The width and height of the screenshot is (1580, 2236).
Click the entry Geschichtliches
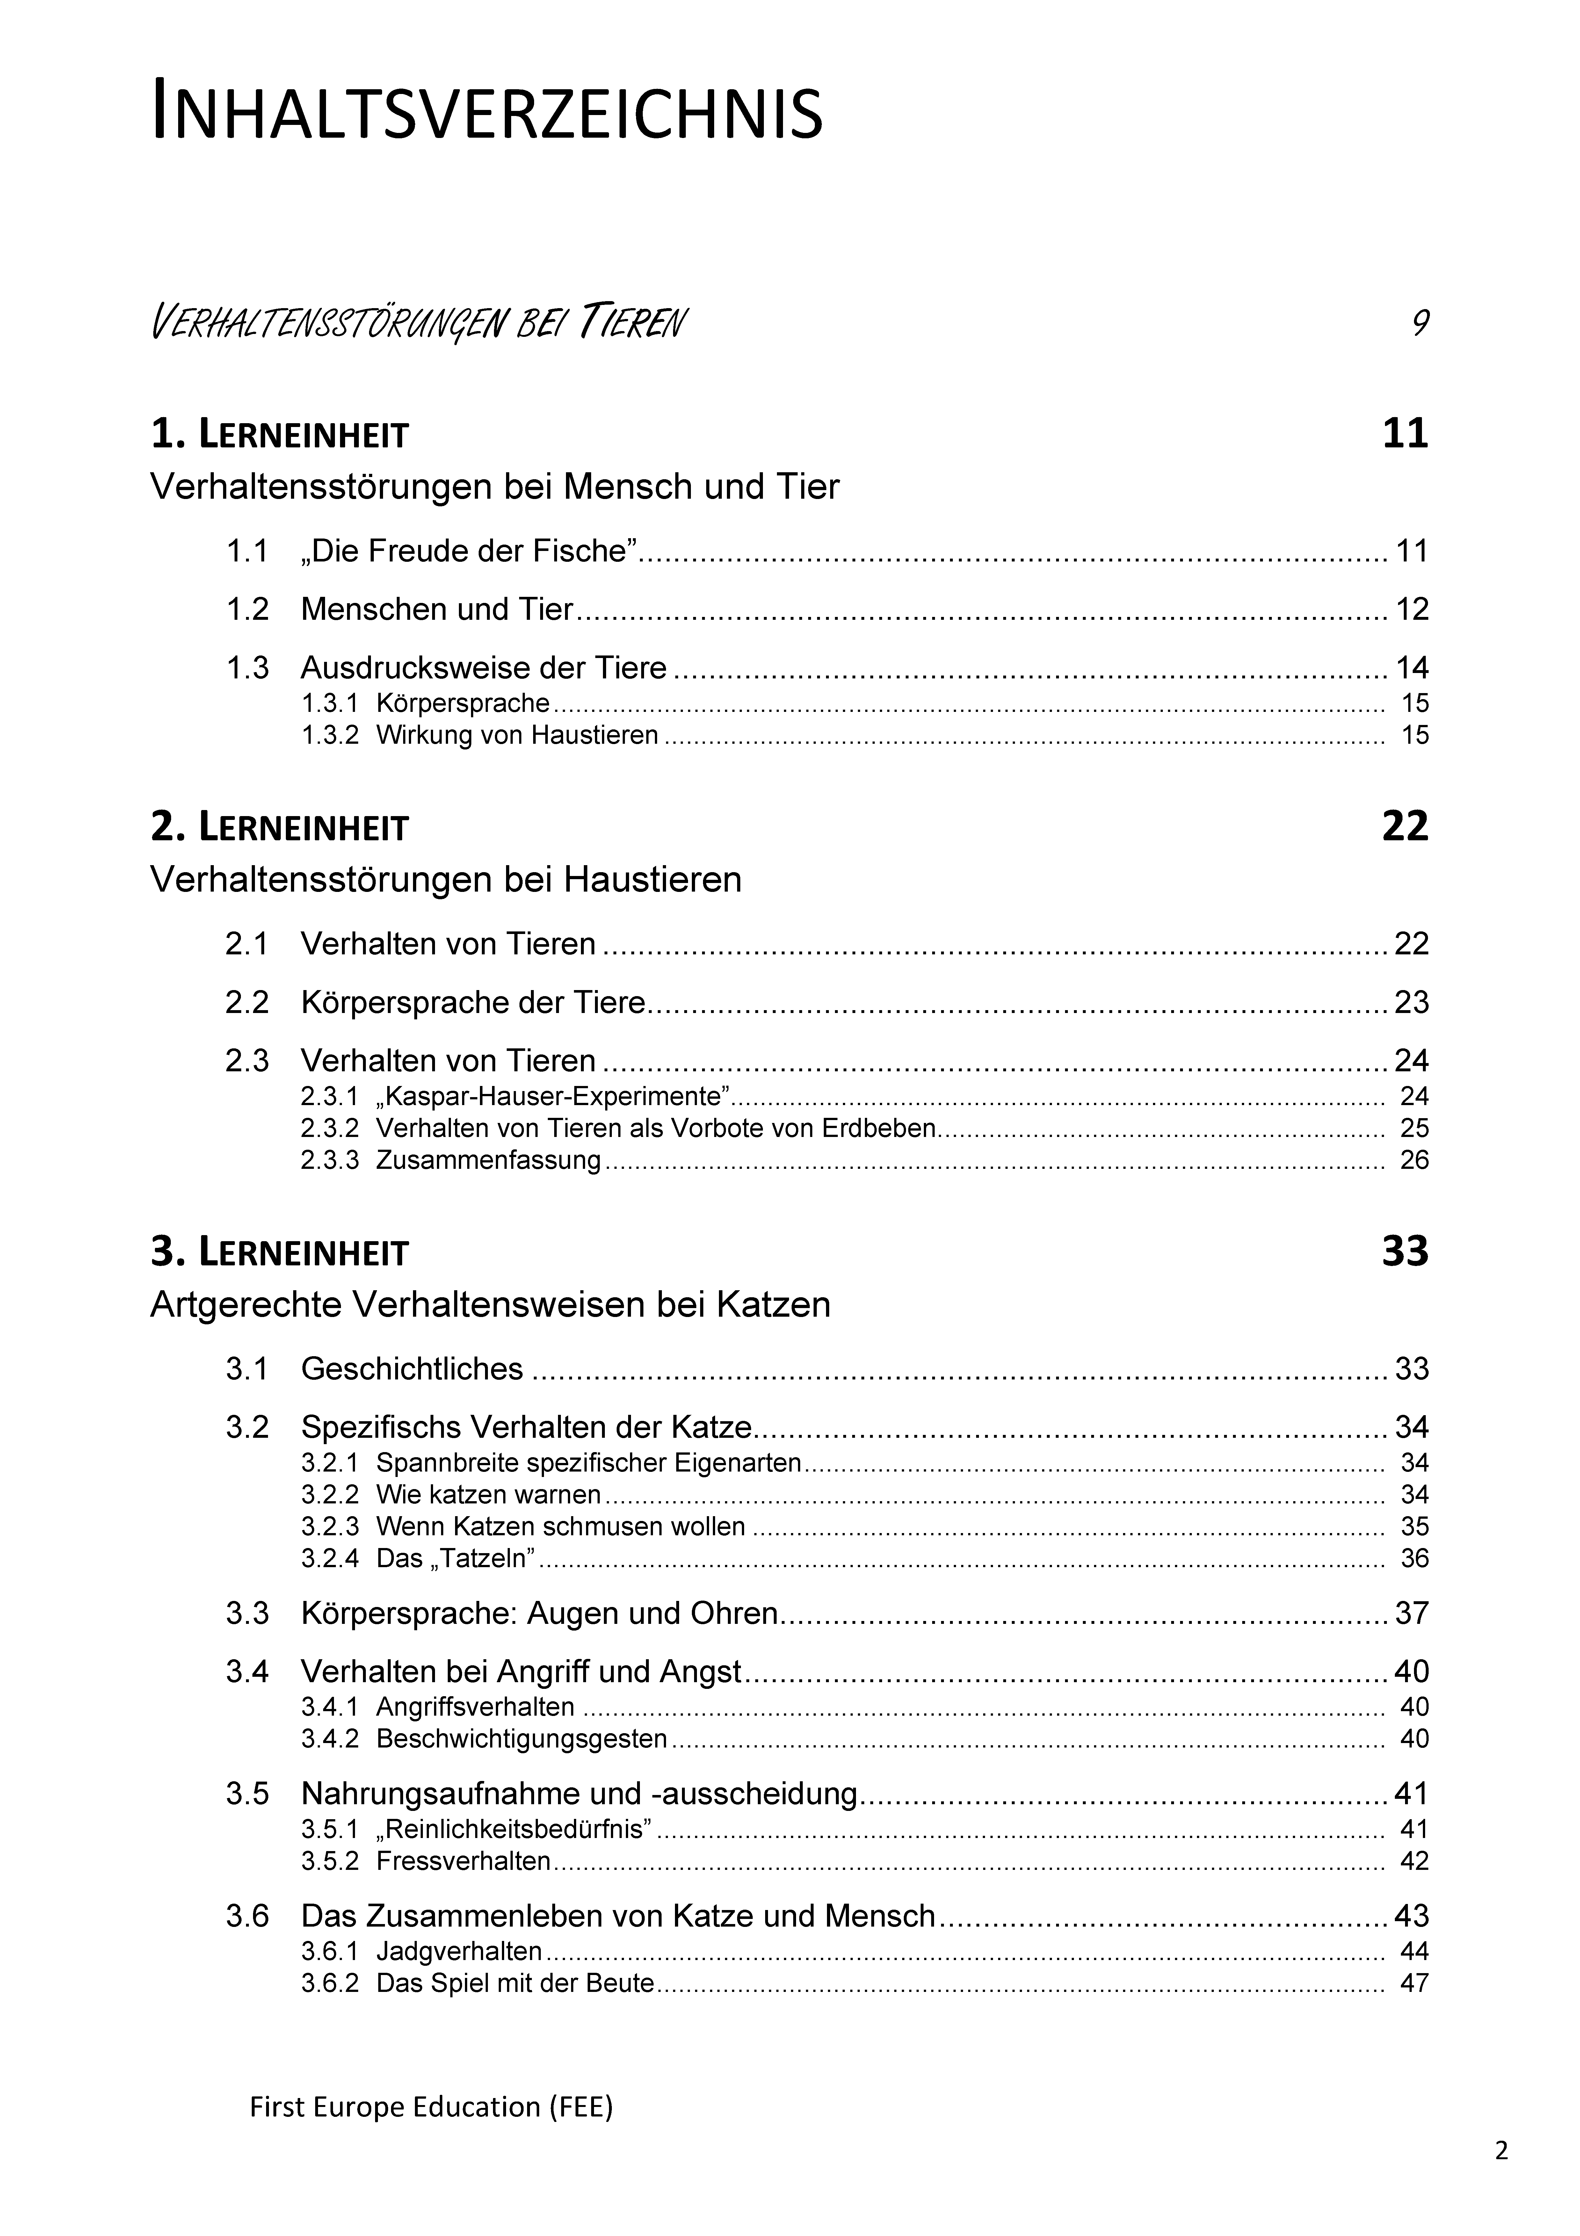[412, 1369]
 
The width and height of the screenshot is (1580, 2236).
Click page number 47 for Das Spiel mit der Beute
[1413, 1984]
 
